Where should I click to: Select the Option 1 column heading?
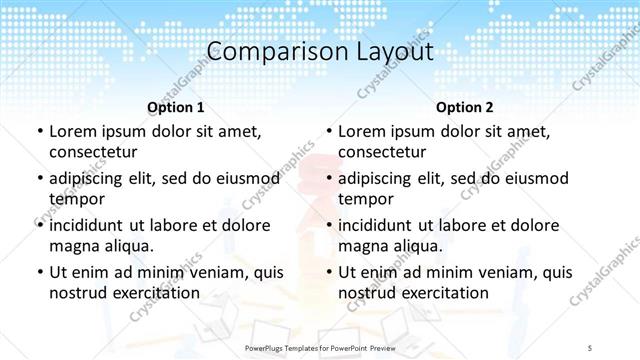(175, 106)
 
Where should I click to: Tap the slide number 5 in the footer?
(591, 345)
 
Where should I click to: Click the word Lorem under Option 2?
(362, 131)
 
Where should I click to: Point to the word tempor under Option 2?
(366, 199)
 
